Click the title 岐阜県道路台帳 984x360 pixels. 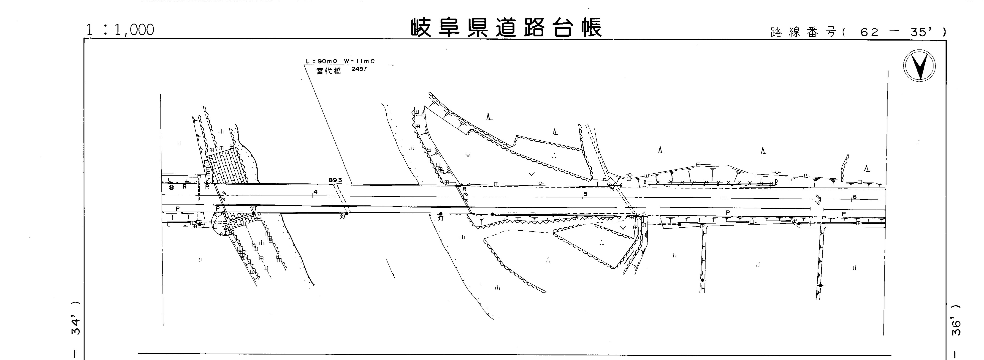[506, 27]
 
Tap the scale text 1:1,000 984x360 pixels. [120, 30]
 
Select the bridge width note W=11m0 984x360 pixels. [359, 61]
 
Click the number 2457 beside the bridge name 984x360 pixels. [359, 69]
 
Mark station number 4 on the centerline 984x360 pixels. [315, 192]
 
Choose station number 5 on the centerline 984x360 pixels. [585, 194]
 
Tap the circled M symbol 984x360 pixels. [171, 188]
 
